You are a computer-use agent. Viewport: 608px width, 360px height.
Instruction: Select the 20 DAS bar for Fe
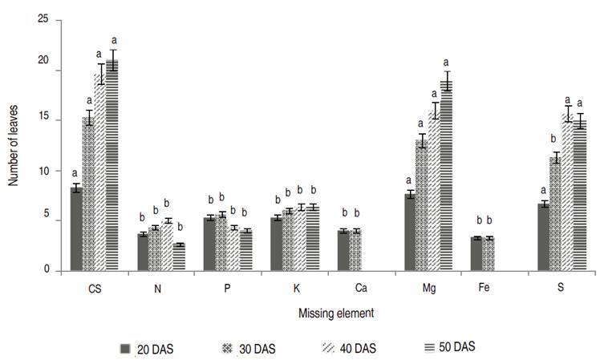(476, 254)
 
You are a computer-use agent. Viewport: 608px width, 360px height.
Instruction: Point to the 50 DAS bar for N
(179, 257)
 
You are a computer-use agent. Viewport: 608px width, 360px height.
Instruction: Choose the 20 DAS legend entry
(146, 348)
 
